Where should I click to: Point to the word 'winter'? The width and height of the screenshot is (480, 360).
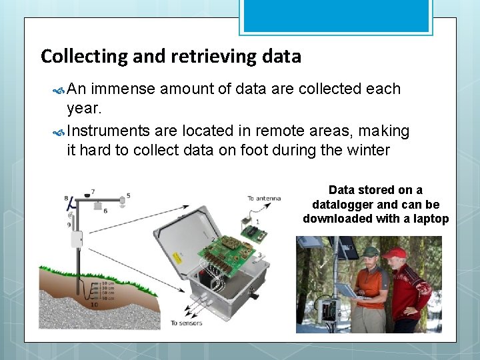pos(368,150)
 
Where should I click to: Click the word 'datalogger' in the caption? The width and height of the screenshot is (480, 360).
pos(345,205)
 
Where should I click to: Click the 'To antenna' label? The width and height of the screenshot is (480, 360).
pos(264,198)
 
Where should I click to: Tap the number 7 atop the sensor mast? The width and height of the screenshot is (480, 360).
pos(93,191)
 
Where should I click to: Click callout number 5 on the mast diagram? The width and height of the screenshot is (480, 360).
pos(128,195)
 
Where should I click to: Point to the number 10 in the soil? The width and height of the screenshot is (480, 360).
pos(93,304)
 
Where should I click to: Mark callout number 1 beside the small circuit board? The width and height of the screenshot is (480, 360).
pos(257,221)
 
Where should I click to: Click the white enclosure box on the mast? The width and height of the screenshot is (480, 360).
pos(77,239)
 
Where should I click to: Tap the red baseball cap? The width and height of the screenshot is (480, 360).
pos(395,253)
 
